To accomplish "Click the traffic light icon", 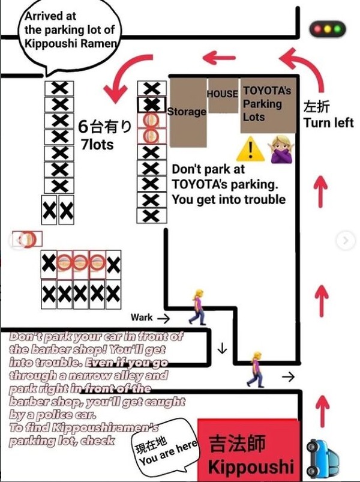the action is [328, 29].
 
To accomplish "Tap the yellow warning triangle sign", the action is [250, 149].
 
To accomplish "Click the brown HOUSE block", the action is [223, 95].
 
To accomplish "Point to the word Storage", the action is [187, 111].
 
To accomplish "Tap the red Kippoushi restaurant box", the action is [248, 450].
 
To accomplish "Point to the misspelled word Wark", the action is [141, 318].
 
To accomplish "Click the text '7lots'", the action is [97, 144].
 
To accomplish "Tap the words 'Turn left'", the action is [328, 122].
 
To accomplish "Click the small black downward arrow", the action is [222, 349].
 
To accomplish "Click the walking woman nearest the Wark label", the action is [198, 307].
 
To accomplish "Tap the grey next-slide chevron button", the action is [346, 240].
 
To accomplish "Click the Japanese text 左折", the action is [316, 107].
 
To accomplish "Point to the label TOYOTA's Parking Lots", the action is [266, 104].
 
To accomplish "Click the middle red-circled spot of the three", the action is [81, 263].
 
